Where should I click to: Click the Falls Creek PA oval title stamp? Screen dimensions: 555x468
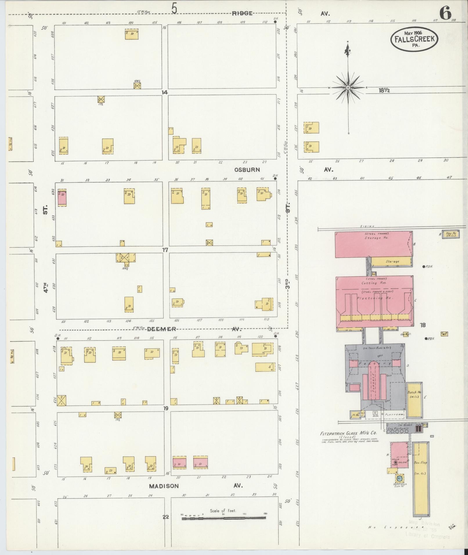414,39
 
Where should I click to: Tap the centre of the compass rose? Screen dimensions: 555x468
348,87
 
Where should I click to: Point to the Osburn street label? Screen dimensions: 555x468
247,170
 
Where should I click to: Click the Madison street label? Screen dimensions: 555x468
164,486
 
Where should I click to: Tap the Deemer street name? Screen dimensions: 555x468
161,329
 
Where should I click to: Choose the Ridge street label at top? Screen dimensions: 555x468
242,13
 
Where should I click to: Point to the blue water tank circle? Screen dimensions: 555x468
400,478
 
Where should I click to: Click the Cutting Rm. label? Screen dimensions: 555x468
373,283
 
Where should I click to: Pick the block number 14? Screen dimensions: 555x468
165,93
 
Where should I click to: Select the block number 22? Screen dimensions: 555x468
165,517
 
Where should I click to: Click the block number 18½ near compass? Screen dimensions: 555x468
384,90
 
